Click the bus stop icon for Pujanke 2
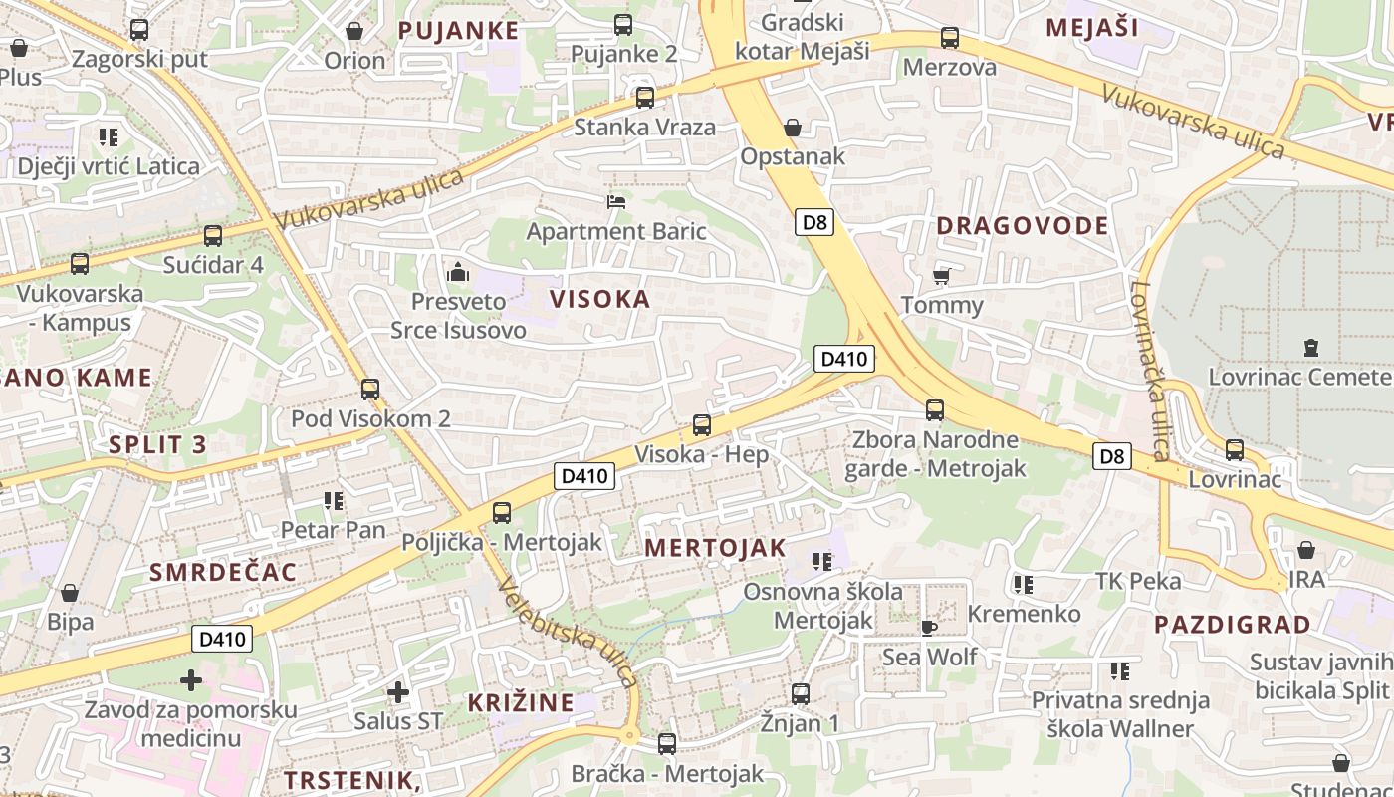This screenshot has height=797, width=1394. (x=623, y=25)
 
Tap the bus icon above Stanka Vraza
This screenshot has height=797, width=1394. (x=645, y=98)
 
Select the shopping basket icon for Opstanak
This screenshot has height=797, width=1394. (x=793, y=128)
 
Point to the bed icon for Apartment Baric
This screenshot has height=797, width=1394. (x=616, y=202)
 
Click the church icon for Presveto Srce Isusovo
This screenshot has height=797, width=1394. (x=458, y=270)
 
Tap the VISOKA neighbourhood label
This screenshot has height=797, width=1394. (x=600, y=299)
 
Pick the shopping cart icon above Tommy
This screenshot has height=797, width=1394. (x=941, y=275)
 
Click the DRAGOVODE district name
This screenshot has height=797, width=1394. (x=1023, y=226)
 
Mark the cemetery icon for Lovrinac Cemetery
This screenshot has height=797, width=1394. (x=1311, y=348)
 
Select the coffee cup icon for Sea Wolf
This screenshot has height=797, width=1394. (x=928, y=627)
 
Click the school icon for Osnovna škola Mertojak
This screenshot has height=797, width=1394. (x=821, y=562)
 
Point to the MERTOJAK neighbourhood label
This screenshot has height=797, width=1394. (x=715, y=548)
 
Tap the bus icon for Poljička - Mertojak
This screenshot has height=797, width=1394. (x=502, y=513)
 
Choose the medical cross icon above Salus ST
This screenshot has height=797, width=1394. (x=398, y=691)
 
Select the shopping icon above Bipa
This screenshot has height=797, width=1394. (x=70, y=593)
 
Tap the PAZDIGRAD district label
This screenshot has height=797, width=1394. (x=1233, y=626)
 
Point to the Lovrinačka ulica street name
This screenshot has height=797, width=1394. (x=1148, y=371)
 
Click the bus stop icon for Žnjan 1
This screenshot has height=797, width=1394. (x=801, y=693)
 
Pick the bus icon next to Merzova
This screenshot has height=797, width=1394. (x=950, y=39)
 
